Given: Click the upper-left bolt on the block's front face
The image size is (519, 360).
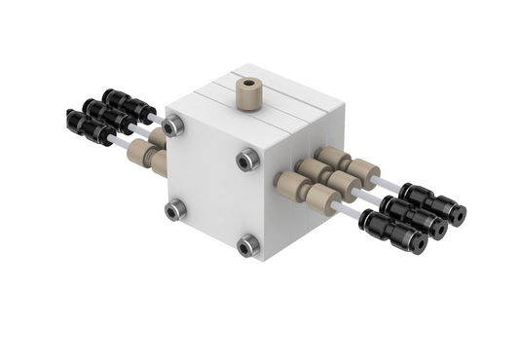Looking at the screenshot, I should coord(173,126).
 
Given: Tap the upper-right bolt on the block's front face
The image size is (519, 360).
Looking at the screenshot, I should coord(246,160).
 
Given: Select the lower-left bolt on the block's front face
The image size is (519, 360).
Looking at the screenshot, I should coord(175,209).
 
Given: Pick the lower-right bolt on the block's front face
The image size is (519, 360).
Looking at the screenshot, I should coord(247,245).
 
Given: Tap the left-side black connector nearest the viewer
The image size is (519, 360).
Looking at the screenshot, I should coord(89,127).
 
